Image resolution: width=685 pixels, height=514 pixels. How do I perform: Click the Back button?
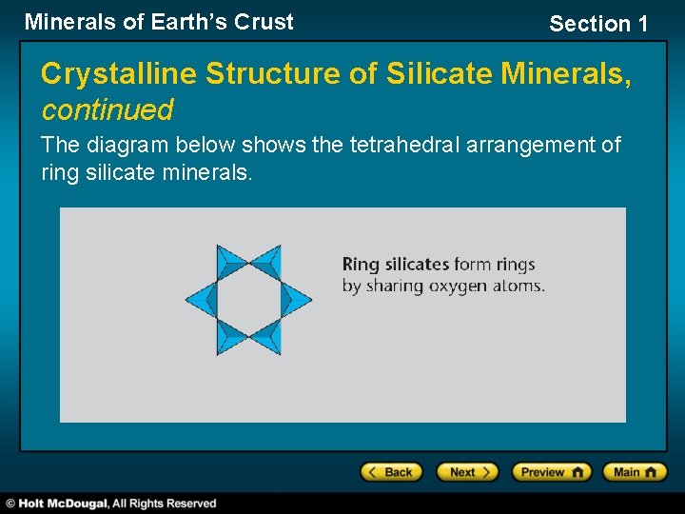click(390, 472)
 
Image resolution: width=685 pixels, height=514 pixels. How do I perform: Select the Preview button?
click(551, 472)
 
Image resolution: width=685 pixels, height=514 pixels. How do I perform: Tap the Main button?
click(635, 472)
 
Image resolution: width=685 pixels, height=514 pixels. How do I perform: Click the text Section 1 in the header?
click(597, 24)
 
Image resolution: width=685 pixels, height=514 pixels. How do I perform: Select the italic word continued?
click(107, 110)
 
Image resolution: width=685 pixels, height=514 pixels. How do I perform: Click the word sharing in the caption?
click(393, 286)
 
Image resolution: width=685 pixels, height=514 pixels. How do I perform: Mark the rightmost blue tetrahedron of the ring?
click(296, 300)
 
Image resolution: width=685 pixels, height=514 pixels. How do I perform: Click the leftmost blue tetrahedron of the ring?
click(201, 300)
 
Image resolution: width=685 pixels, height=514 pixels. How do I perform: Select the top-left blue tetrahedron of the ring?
click(231, 262)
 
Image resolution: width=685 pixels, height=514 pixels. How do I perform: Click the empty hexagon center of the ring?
click(248, 300)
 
